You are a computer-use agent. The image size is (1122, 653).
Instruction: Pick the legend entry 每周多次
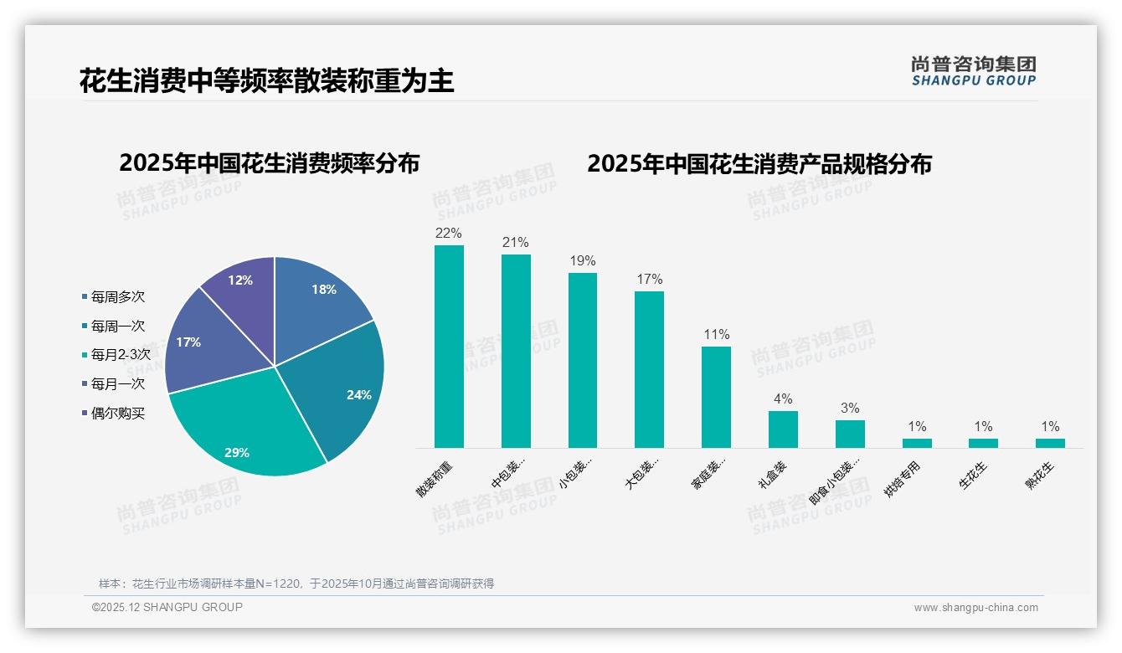[117, 297]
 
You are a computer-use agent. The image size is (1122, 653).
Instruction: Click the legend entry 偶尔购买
[117, 414]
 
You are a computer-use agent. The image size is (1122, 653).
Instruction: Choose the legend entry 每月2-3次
[120, 355]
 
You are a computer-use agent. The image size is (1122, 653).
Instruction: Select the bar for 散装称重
[449, 347]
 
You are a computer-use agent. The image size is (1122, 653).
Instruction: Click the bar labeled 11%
[716, 397]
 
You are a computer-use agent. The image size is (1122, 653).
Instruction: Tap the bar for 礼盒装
[783, 429]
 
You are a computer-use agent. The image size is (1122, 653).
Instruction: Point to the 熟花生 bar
[1050, 443]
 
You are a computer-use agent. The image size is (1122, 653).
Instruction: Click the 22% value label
[449, 234]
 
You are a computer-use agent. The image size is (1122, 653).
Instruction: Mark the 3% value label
[850, 409]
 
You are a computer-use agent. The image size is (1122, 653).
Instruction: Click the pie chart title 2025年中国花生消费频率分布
[269, 163]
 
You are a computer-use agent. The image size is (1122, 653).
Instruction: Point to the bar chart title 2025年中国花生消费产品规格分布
[759, 164]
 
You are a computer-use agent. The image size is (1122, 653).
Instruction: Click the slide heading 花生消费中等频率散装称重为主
[266, 81]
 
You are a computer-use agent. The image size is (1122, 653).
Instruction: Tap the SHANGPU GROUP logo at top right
[973, 71]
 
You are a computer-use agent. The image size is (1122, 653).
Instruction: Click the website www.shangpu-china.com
[975, 608]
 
